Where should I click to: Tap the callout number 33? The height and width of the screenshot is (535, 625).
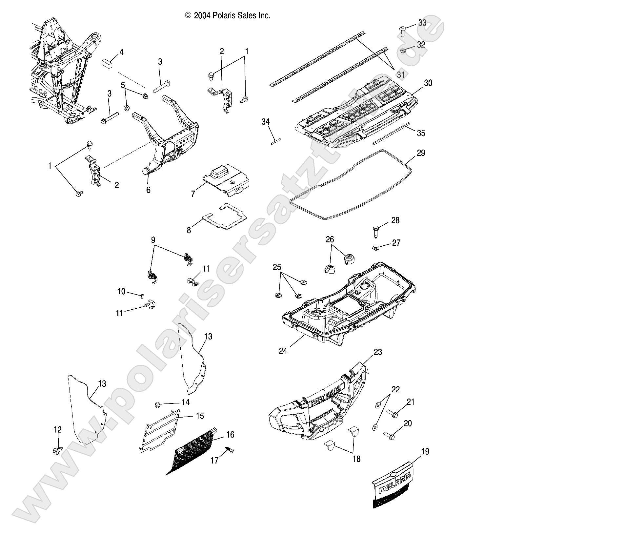pos(422,23)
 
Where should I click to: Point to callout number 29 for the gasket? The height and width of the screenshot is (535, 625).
pos(421,153)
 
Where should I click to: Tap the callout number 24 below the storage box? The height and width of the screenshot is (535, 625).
pos(283,351)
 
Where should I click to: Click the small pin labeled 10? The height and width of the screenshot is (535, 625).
pos(142,296)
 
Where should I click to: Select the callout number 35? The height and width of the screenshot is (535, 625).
pos(421,133)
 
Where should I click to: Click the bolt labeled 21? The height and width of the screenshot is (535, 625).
pos(392,414)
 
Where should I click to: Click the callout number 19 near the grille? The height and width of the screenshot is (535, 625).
pos(425,452)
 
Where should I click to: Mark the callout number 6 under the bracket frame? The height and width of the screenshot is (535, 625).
pos(148,190)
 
